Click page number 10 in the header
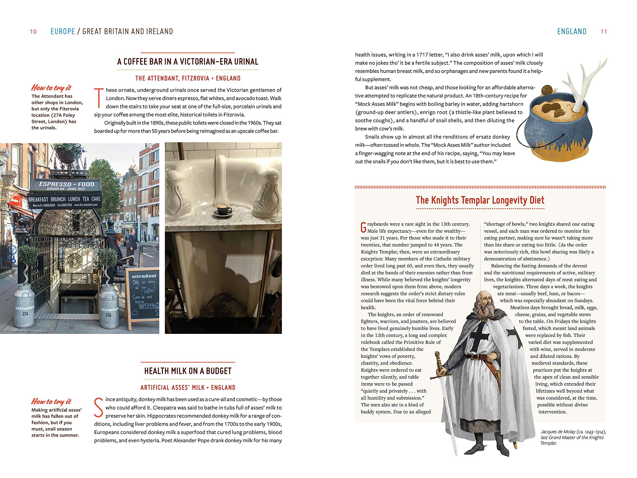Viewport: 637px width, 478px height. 33,32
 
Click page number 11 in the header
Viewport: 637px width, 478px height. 604,32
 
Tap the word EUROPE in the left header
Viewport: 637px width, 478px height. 62,31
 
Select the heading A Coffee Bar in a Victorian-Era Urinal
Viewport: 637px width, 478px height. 188,62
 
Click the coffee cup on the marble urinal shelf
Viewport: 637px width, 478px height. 222,209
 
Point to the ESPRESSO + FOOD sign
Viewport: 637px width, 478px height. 66,185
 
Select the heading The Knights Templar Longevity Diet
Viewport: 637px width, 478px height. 480,200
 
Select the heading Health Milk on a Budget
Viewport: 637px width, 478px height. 188,371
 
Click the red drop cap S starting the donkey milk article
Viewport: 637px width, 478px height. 99,407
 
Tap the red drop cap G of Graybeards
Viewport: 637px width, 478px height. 364,227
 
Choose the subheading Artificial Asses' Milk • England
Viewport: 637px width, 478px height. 188,388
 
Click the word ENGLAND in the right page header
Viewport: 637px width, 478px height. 572,31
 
